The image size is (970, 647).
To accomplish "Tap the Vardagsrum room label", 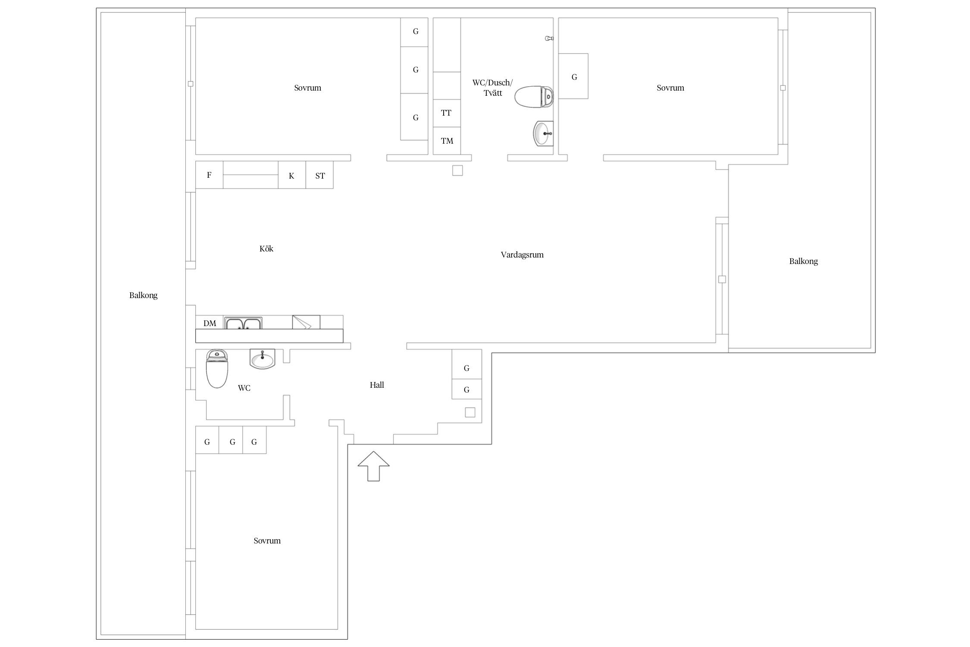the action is [522, 255].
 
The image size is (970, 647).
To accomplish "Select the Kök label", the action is [266, 248].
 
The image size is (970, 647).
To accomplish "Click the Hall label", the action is [377, 385].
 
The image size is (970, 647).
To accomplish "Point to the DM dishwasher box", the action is [210, 322].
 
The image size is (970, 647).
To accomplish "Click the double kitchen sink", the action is [243, 323].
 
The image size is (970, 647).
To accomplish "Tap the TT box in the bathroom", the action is [447, 113].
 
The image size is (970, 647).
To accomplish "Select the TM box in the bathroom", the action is [447, 141].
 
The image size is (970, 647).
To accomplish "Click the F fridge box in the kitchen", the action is [209, 175].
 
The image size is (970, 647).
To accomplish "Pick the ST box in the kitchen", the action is [319, 175].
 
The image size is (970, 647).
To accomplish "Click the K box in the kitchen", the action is [292, 175].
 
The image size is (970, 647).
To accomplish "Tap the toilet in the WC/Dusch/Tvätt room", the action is [534, 97].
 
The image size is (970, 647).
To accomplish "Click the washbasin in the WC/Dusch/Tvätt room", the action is [543, 134].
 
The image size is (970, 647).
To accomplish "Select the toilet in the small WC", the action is [217, 369].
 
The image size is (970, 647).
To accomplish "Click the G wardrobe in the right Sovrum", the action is [573, 76].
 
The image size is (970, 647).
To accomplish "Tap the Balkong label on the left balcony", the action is [143, 295].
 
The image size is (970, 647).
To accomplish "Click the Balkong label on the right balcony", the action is [803, 261].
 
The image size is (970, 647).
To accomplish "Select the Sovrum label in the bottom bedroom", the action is [267, 540].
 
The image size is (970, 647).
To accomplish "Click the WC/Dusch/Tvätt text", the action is [492, 88].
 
